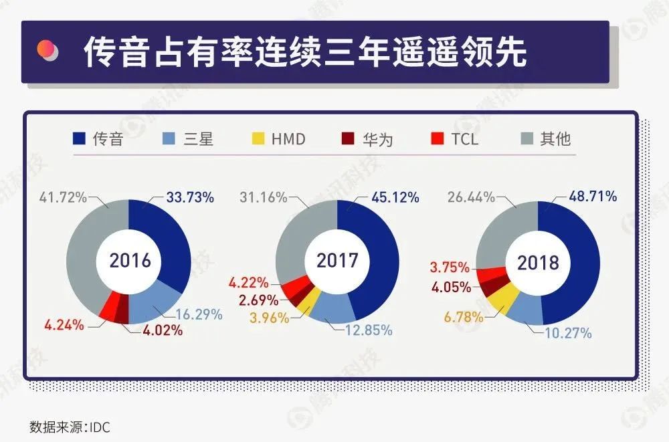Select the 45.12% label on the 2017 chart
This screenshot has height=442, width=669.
394,197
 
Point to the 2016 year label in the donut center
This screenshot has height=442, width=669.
130,260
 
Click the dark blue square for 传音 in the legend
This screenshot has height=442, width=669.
80,139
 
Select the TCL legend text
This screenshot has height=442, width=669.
464,139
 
